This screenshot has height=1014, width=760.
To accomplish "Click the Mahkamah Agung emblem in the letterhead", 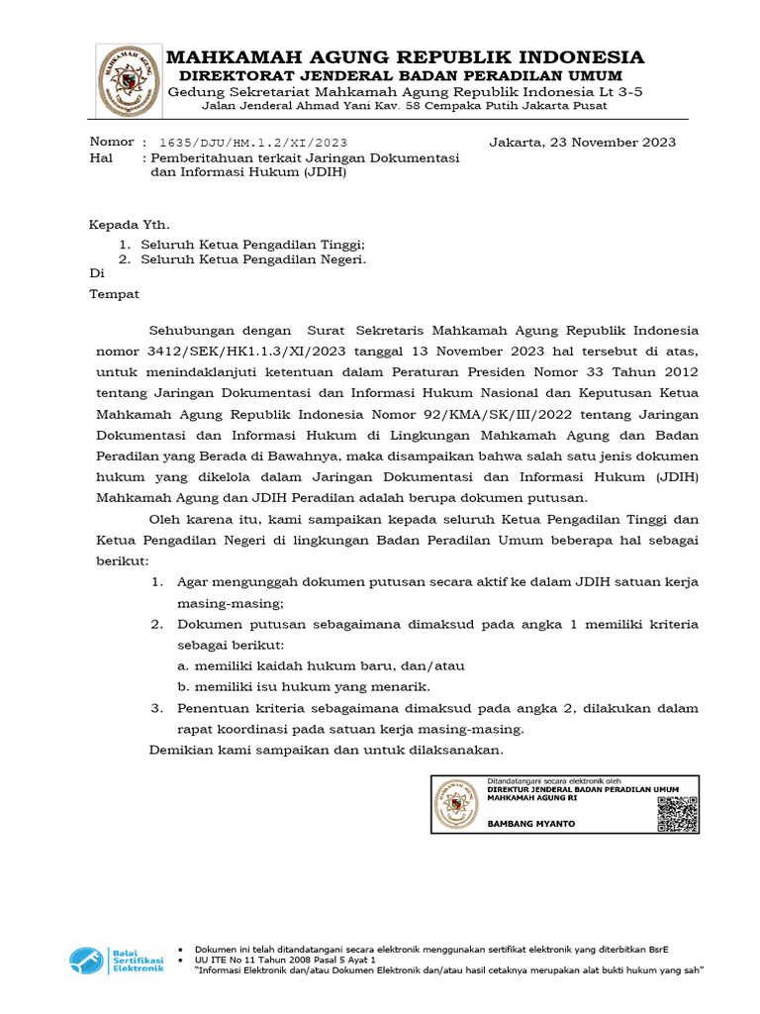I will [x=126, y=78].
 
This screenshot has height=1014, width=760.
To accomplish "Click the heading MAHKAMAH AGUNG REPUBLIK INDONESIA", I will [x=405, y=56].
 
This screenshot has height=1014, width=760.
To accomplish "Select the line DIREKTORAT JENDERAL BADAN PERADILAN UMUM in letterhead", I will [x=401, y=76].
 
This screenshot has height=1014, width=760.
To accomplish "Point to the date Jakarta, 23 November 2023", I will [x=582, y=142].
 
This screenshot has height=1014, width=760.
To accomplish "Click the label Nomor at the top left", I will [x=111, y=142].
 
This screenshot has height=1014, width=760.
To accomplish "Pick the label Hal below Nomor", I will [x=101, y=157].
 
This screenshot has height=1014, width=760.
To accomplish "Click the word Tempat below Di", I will [x=115, y=294].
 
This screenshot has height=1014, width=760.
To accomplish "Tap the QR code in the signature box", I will [x=677, y=805].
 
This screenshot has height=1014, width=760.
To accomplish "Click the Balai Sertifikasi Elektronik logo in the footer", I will [x=116, y=960].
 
